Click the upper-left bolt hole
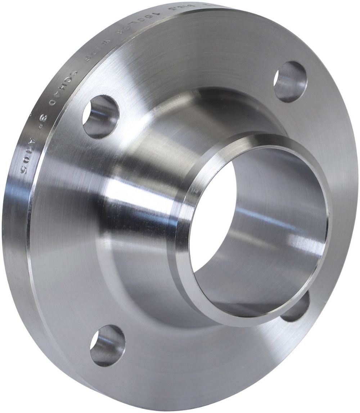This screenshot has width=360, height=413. [100, 117]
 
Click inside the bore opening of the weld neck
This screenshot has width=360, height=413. [259, 230]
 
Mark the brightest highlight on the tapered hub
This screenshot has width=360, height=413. [119, 187]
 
